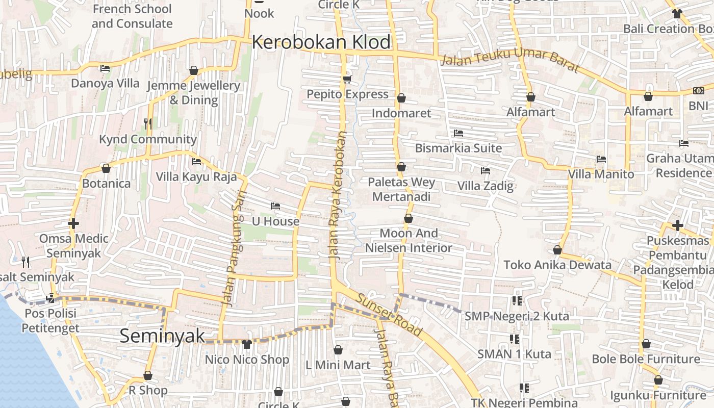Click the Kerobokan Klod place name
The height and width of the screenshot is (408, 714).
pos(321,42)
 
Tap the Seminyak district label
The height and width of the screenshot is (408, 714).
pos(162,336)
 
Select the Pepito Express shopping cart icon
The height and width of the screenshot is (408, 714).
pos(347,79)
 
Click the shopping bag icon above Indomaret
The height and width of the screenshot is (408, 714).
pos(401,98)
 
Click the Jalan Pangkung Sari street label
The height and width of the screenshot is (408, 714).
pos(234,248)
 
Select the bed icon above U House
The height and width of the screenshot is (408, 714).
pos(275,206)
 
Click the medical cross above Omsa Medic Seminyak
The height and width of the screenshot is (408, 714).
pos(73,223)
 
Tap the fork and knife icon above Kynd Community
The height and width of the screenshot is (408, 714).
pos(147,123)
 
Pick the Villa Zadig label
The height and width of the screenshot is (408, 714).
pos(485,186)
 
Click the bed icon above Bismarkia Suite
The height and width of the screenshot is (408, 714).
pos(458,133)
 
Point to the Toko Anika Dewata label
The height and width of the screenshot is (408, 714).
pos(557,265)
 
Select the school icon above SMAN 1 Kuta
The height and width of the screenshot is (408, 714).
pos(514,339)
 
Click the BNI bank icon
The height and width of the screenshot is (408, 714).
pos(698,91)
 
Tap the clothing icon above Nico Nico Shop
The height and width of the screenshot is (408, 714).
pos(247,344)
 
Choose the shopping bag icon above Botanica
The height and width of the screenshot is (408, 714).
pos(106,168)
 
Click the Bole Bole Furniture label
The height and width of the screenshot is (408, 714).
pos(646,359)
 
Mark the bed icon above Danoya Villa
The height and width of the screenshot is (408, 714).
pos(105,68)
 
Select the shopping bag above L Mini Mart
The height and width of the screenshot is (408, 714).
pos(338,350)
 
